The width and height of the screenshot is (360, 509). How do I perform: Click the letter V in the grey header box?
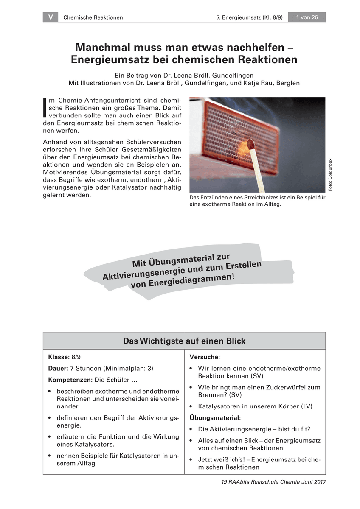(x=51, y=17)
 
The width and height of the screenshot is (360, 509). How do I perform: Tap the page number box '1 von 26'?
(x=307, y=17)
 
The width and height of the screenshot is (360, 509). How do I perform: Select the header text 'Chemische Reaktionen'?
(x=93, y=17)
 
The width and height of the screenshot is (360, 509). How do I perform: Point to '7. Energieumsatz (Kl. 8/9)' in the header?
(x=248, y=17)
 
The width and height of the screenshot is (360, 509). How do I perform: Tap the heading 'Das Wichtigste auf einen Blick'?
(x=184, y=341)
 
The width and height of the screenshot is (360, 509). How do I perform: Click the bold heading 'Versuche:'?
(x=205, y=357)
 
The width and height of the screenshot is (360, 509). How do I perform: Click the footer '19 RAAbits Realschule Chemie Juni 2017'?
(x=273, y=482)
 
